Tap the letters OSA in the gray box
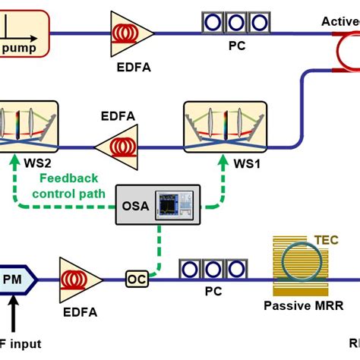[135, 205]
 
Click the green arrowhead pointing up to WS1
[223, 162]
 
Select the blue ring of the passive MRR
[299, 262]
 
